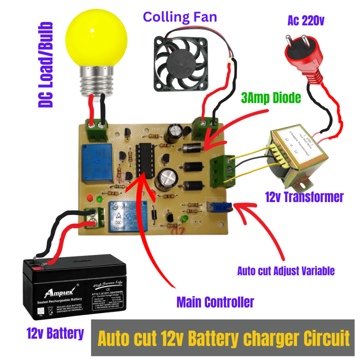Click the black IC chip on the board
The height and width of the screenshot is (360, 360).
pyautogui.click(x=144, y=159)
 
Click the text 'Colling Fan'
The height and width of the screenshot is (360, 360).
pyautogui.click(x=180, y=17)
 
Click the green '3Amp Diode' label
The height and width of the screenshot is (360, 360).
pyautogui.click(x=271, y=97)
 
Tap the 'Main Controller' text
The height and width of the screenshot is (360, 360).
pyautogui.click(x=215, y=301)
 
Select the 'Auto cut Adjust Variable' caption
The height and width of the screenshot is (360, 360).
pyautogui.click(x=285, y=271)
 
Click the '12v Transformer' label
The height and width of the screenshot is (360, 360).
pyautogui.click(x=304, y=197)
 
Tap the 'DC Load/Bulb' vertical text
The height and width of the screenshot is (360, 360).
pyautogui.click(x=45, y=65)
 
